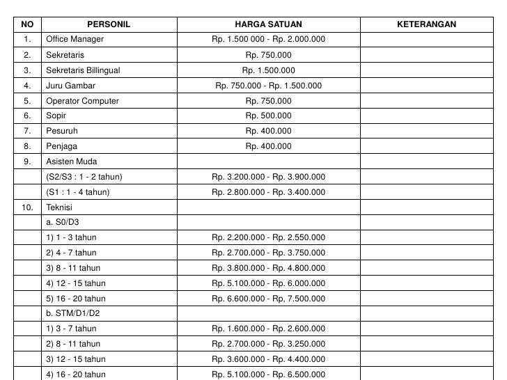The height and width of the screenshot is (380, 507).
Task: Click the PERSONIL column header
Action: (109, 24)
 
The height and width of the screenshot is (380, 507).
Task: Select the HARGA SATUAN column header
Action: (268, 24)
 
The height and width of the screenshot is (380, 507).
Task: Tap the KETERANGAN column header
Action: (426, 24)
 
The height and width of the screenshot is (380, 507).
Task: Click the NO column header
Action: (26, 24)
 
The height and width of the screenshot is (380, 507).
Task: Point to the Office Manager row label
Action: (75, 39)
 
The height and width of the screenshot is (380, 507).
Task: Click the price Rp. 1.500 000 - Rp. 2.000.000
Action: (268, 39)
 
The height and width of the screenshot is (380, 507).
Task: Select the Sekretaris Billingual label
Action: (83, 70)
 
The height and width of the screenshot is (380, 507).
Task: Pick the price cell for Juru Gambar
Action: (268, 86)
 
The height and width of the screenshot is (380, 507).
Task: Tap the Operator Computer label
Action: (82, 101)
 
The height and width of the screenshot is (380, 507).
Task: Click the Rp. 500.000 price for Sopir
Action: (268, 116)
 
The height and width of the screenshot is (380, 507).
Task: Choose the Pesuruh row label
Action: (62, 131)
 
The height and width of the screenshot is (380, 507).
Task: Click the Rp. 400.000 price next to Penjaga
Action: (268, 146)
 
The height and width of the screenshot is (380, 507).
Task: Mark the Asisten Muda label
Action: (72, 161)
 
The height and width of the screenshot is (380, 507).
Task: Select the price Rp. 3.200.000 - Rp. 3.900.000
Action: (268, 177)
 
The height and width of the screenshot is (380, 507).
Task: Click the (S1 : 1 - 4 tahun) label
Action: (78, 192)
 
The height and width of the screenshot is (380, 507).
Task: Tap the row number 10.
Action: (26, 207)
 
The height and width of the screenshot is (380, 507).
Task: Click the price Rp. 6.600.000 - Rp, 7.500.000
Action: (268, 299)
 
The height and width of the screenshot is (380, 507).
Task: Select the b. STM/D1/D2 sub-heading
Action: (73, 313)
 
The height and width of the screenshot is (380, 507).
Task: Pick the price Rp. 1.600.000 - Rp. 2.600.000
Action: (268, 328)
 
